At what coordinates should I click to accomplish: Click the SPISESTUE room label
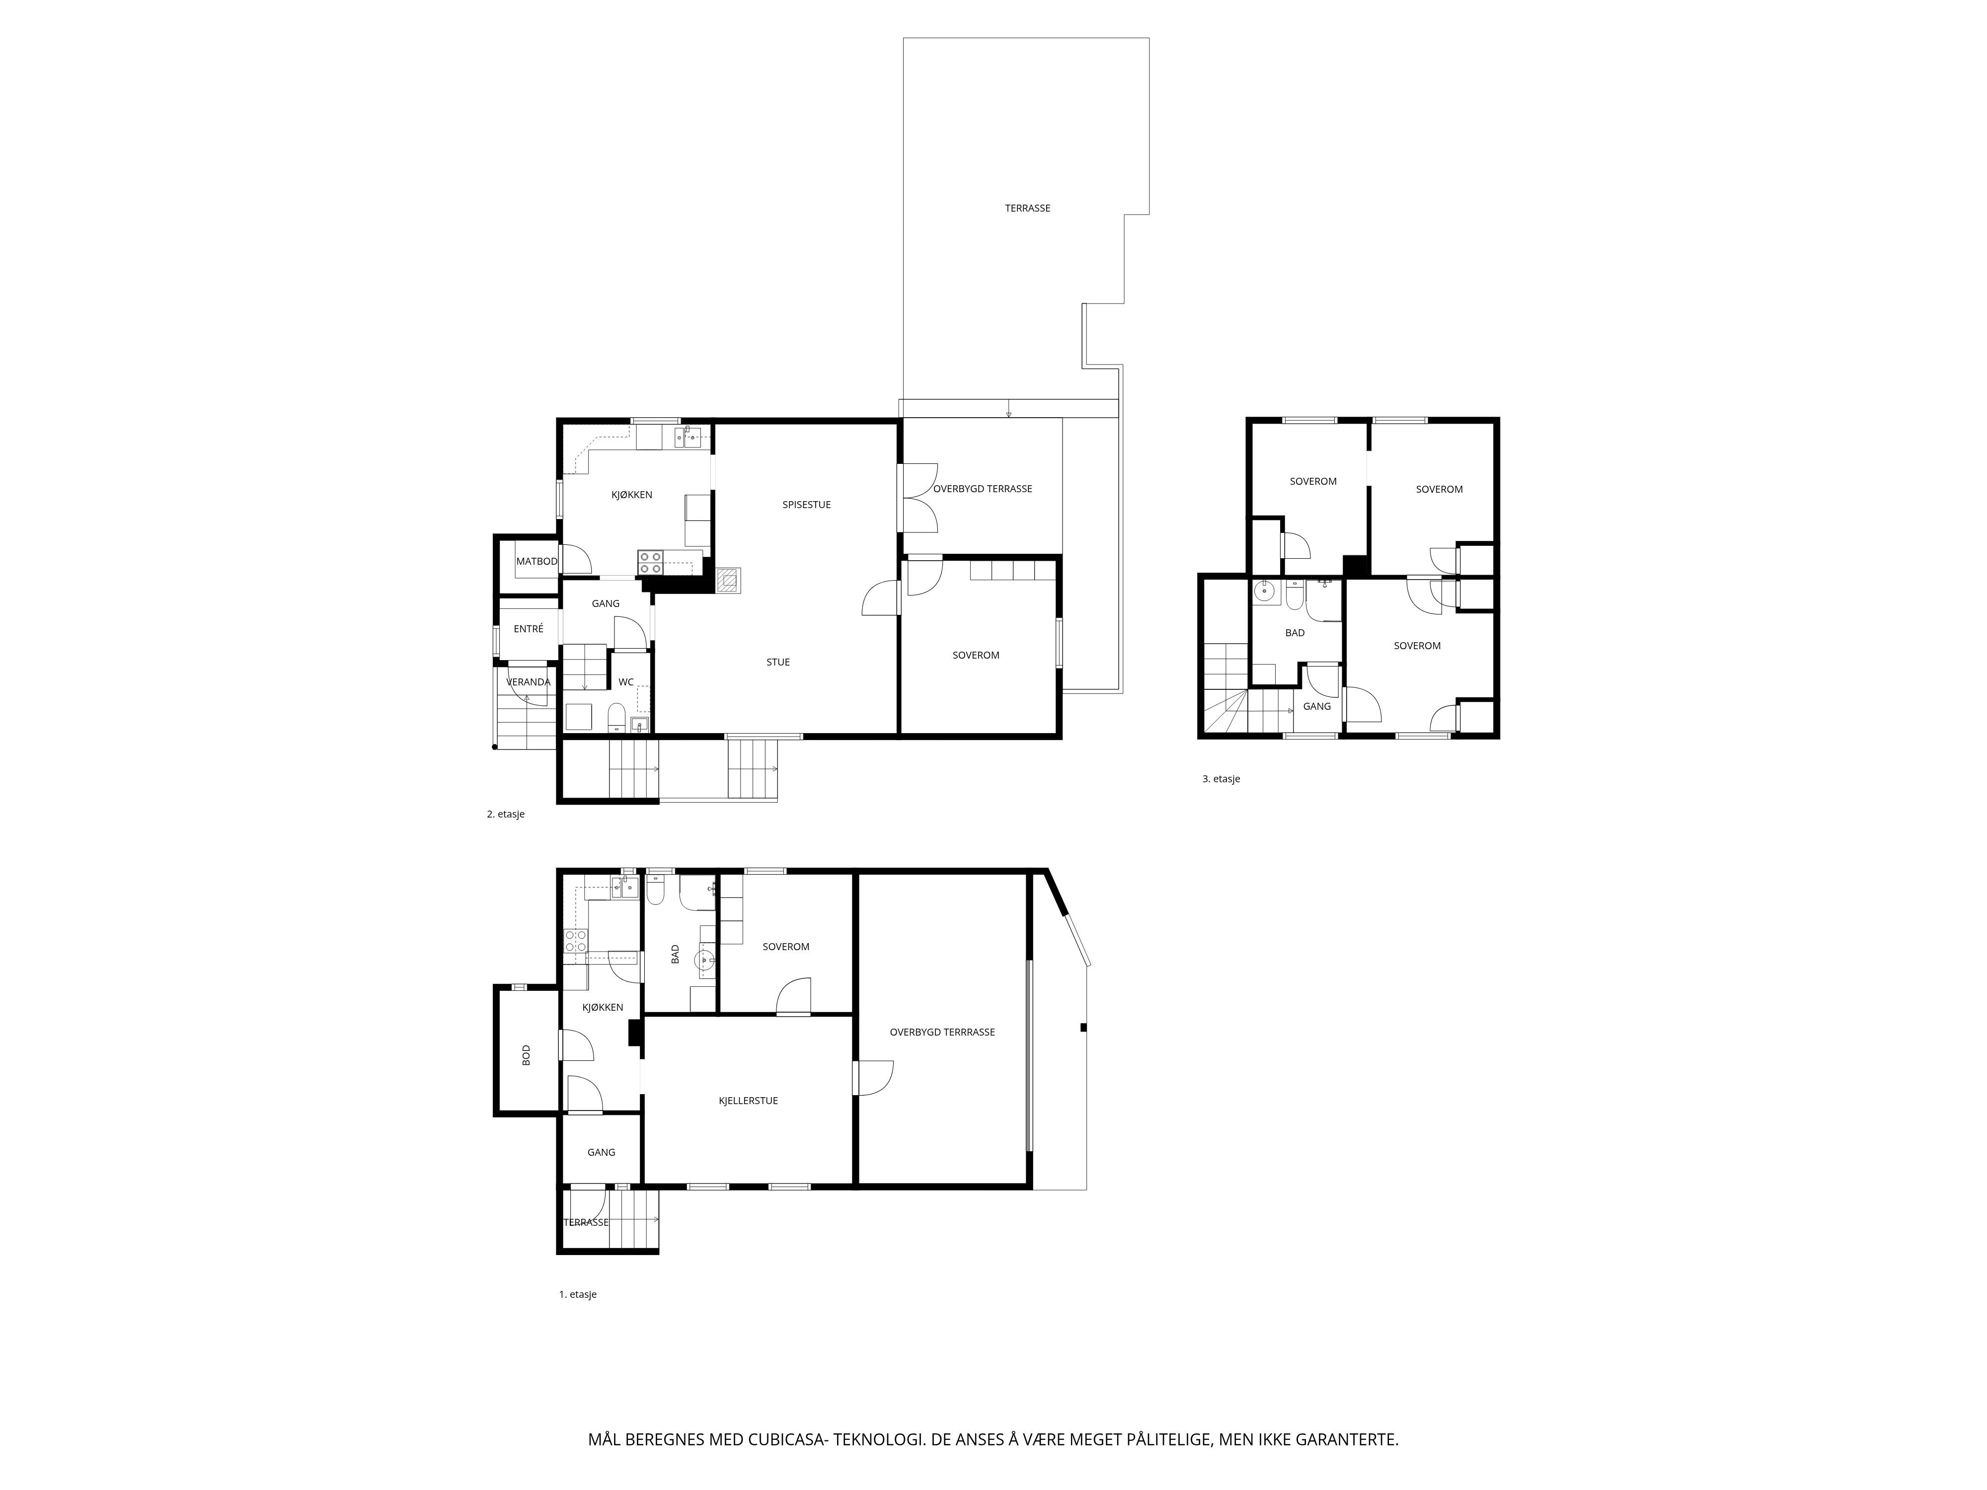(x=807, y=505)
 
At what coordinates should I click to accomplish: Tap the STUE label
(x=778, y=662)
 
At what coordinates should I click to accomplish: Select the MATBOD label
(x=536, y=561)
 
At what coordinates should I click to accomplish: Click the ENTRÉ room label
(x=528, y=629)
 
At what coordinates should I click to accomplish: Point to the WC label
(x=626, y=682)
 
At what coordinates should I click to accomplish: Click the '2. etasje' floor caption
(x=506, y=815)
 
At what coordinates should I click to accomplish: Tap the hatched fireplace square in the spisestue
(x=729, y=579)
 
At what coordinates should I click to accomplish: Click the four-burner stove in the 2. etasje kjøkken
(x=650, y=562)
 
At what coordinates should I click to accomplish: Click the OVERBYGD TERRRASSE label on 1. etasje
(x=942, y=1032)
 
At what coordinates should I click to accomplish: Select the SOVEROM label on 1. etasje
(x=786, y=947)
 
